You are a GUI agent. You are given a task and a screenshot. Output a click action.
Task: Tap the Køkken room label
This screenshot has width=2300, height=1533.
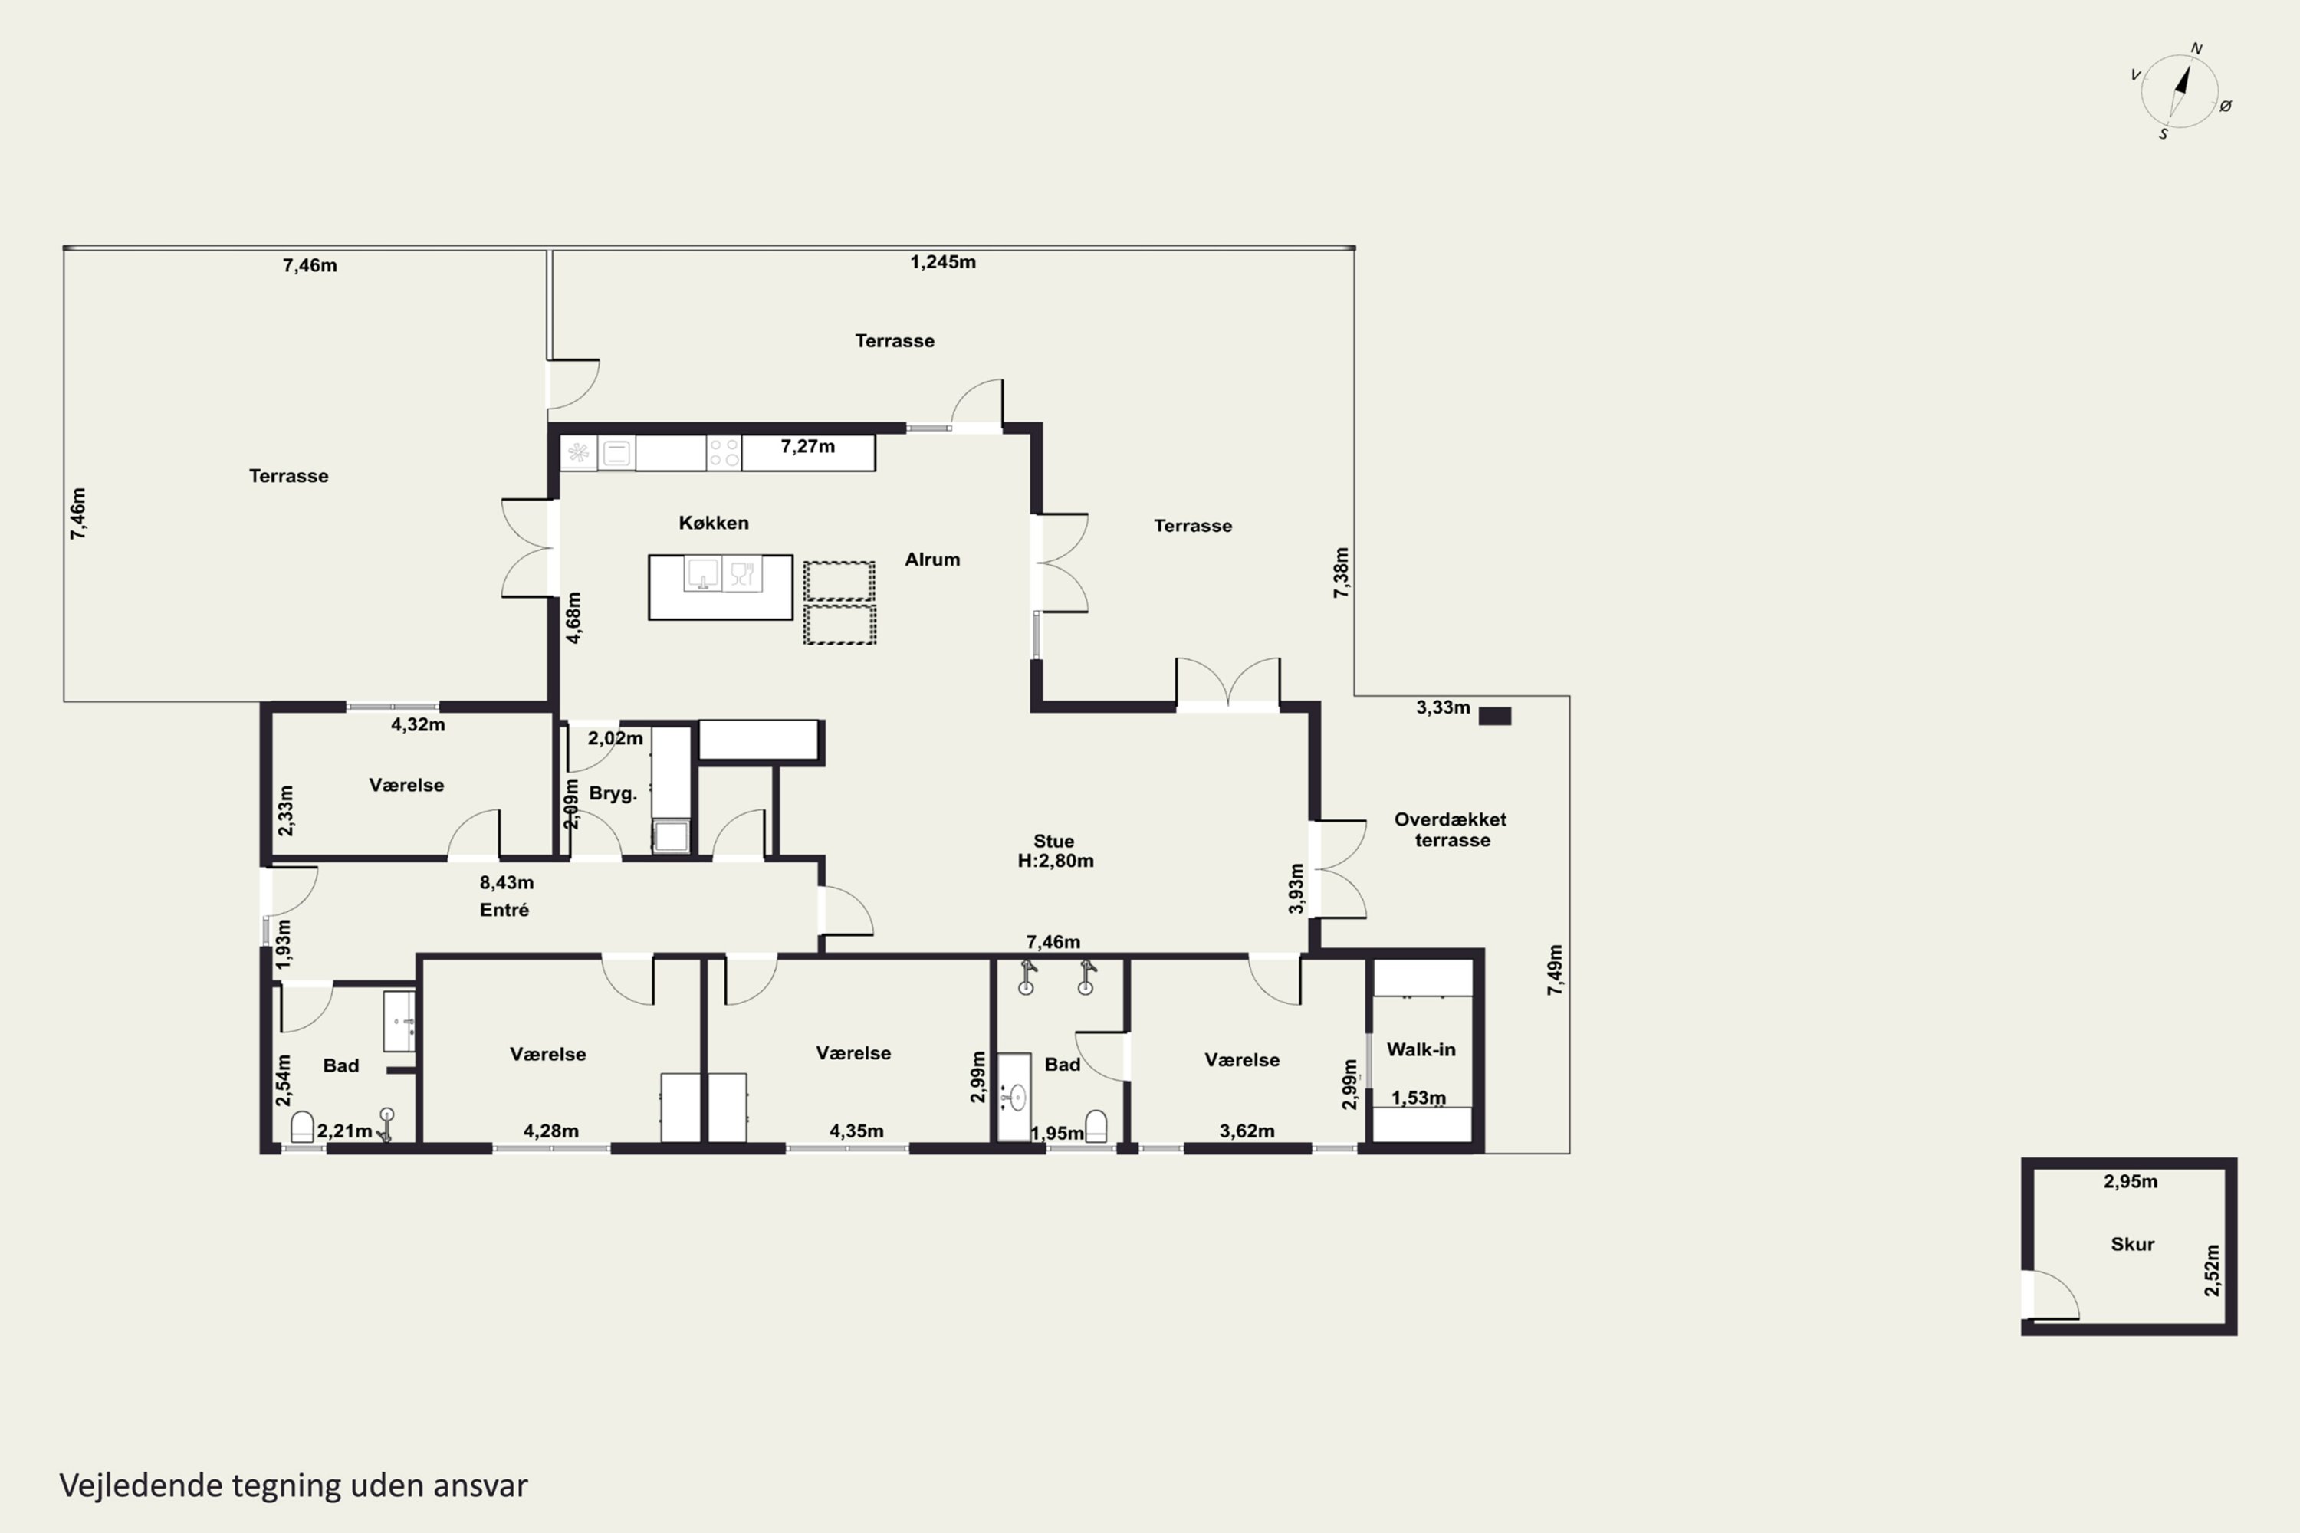pyautogui.click(x=714, y=523)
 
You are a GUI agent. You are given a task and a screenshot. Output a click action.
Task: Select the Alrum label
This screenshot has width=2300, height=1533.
pyautogui.click(x=932, y=560)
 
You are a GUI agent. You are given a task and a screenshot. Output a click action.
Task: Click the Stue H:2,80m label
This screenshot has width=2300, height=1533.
pyautogui.click(x=1055, y=851)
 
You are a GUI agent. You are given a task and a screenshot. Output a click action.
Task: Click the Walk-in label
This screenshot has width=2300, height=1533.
pyautogui.click(x=1421, y=1049)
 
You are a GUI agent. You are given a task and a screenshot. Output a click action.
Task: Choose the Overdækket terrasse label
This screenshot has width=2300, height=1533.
pyautogui.click(x=1451, y=829)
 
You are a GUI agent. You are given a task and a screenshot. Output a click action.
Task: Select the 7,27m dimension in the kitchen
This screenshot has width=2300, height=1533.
pyautogui.click(x=808, y=447)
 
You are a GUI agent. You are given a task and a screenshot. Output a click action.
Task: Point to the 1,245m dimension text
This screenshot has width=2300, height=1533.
pyautogui.click(x=943, y=262)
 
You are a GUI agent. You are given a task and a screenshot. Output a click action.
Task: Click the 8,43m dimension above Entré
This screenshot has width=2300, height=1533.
pyautogui.click(x=507, y=882)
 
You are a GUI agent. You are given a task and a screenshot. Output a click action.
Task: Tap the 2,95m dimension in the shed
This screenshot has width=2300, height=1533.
pyautogui.click(x=2131, y=1181)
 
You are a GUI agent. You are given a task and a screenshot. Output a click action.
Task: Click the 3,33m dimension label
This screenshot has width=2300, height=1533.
pyautogui.click(x=1444, y=707)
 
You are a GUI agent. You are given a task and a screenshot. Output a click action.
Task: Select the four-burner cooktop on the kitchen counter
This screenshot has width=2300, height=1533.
pyautogui.click(x=724, y=453)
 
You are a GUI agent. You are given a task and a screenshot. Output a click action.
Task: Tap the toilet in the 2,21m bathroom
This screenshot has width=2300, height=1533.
pyautogui.click(x=302, y=1128)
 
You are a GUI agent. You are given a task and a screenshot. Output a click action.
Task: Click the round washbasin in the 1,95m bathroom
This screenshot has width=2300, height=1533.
pyautogui.click(x=1015, y=1097)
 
